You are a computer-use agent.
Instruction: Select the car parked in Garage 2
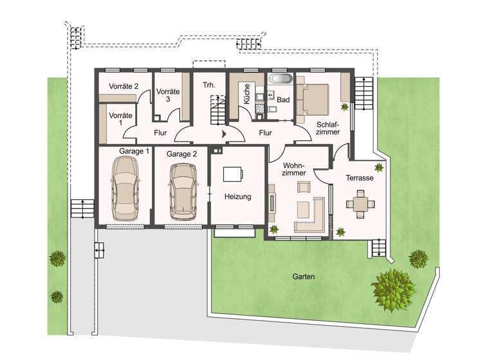coord(182,190)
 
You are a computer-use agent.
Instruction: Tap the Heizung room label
coord(237,197)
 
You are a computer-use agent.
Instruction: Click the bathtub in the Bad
coord(280,80)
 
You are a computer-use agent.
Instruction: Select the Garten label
coord(303,277)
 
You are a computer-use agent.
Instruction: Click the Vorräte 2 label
coord(124,85)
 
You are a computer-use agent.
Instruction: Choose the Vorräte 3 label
coord(167,95)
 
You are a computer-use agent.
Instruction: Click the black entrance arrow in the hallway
coord(224,134)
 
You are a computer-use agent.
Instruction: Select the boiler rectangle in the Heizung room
coord(233,175)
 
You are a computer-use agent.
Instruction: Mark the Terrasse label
coord(359,178)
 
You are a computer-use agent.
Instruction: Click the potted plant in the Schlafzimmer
coord(344,107)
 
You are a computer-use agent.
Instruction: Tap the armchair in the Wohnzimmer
coord(303,187)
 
